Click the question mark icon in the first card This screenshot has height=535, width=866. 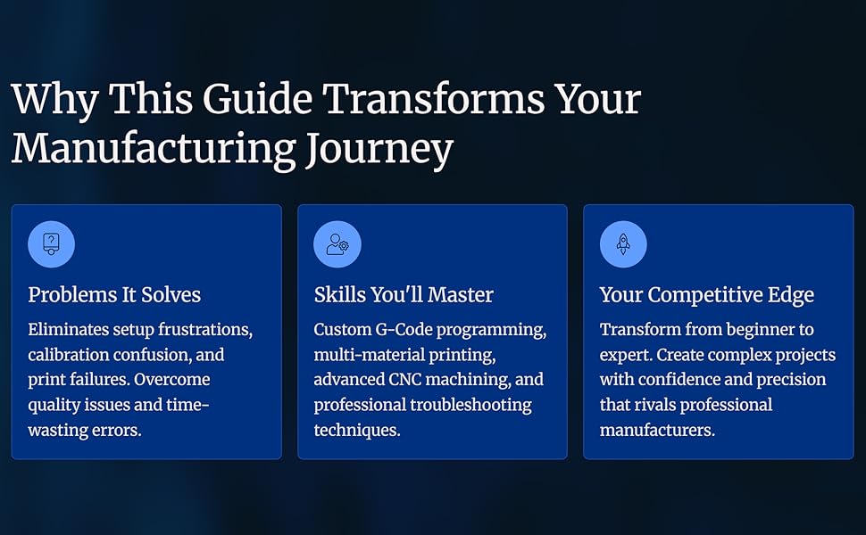point(51,243)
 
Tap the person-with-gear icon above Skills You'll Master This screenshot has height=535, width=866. point(337,243)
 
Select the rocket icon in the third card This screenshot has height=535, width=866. point(622,243)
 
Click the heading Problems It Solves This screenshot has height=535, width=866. point(114,295)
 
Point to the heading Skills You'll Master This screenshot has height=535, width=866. point(403,295)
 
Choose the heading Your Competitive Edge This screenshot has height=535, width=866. point(706,295)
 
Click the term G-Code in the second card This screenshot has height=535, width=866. point(404,330)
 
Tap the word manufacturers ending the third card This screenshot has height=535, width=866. point(656,430)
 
